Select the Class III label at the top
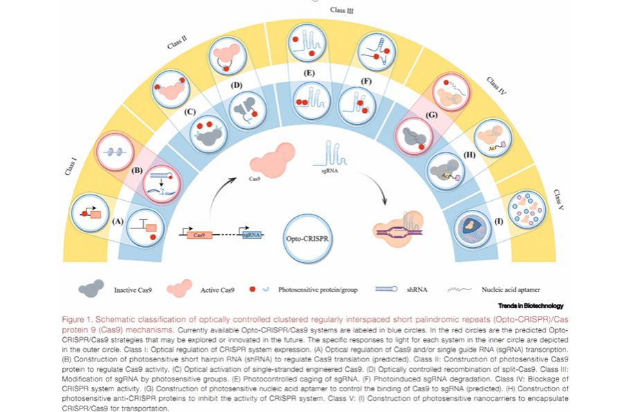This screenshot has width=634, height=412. tap(342, 10)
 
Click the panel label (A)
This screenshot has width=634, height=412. tap(118, 222)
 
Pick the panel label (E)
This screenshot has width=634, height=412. tap(309, 73)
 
